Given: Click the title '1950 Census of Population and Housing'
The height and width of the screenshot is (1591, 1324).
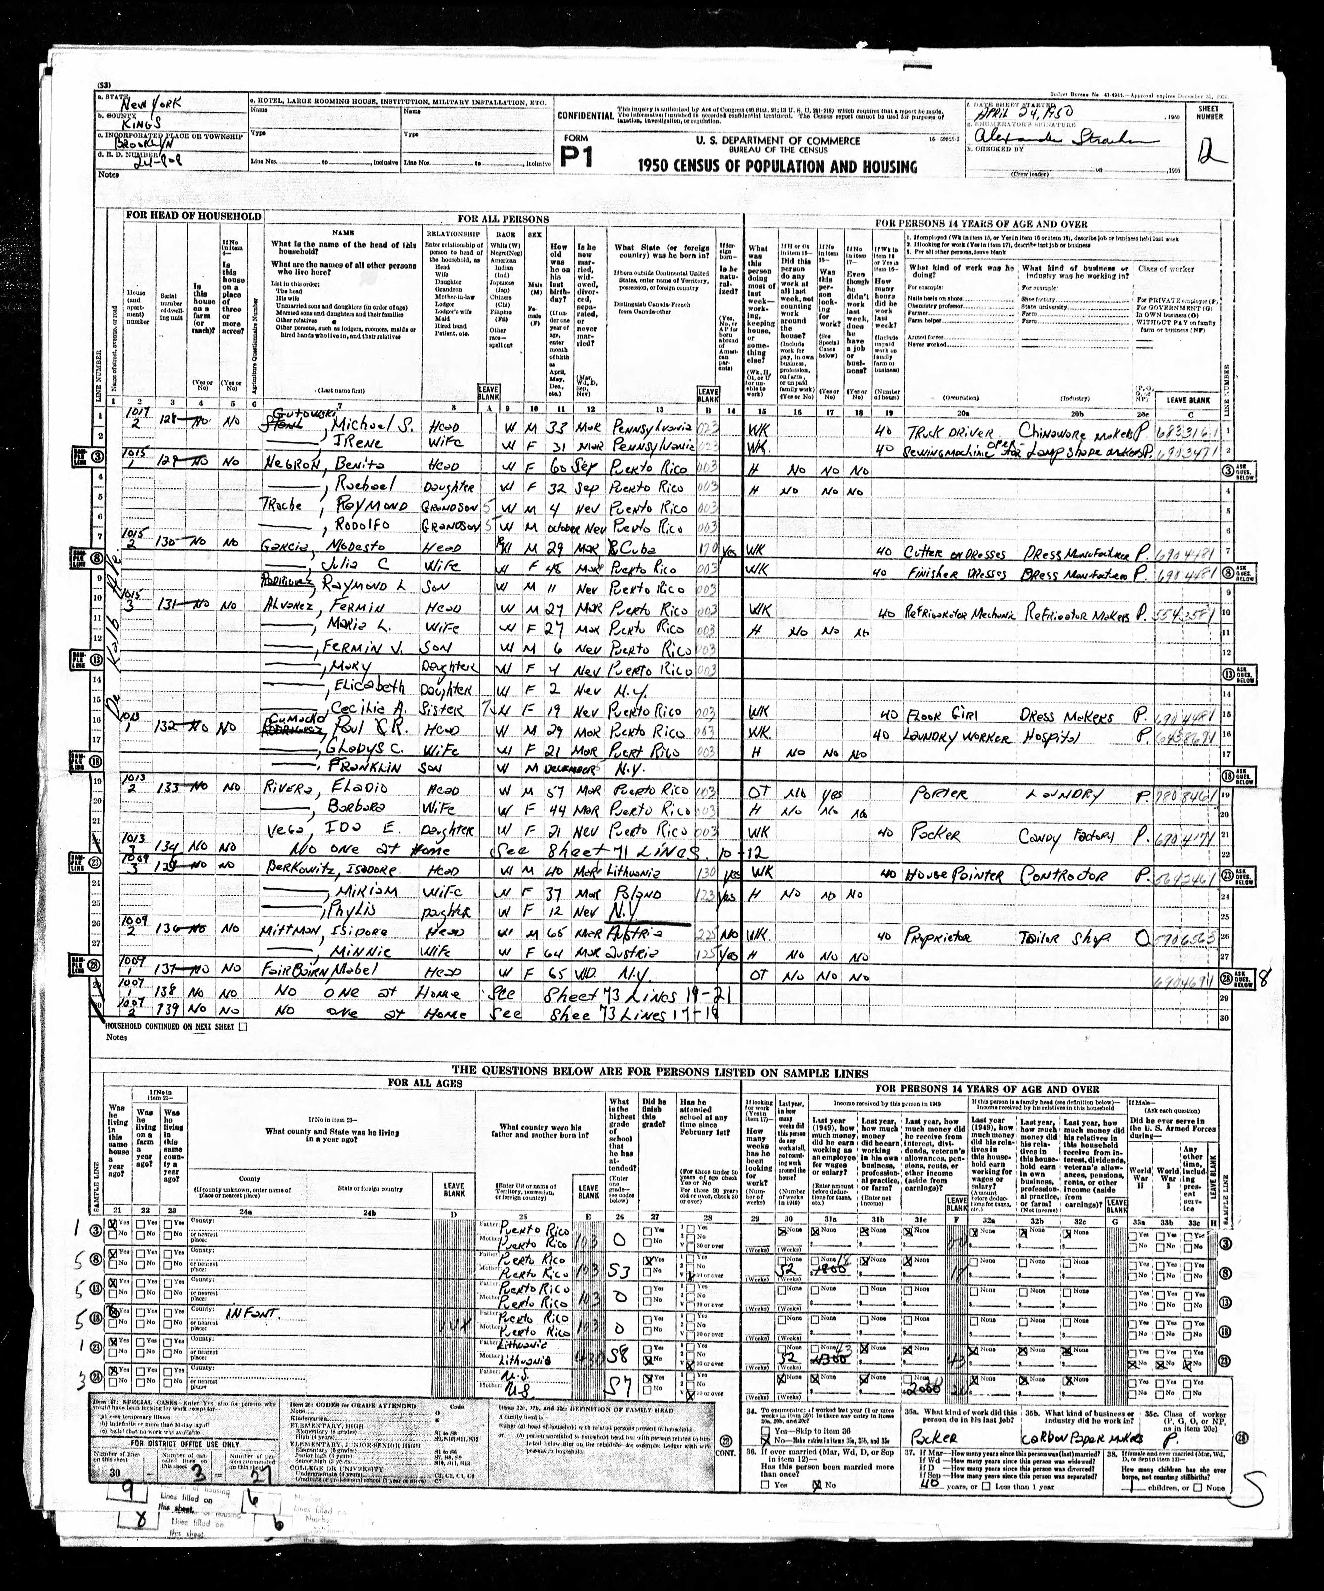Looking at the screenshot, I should [777, 167].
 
